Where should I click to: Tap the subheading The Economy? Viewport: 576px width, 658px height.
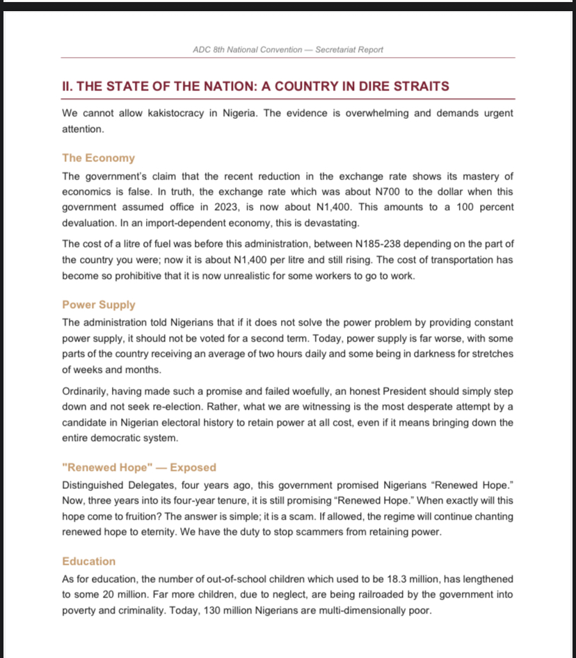(98, 158)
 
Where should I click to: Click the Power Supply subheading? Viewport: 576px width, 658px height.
(99, 305)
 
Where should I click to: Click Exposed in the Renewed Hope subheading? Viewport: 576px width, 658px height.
(193, 467)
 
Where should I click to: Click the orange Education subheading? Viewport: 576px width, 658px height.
(89, 561)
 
